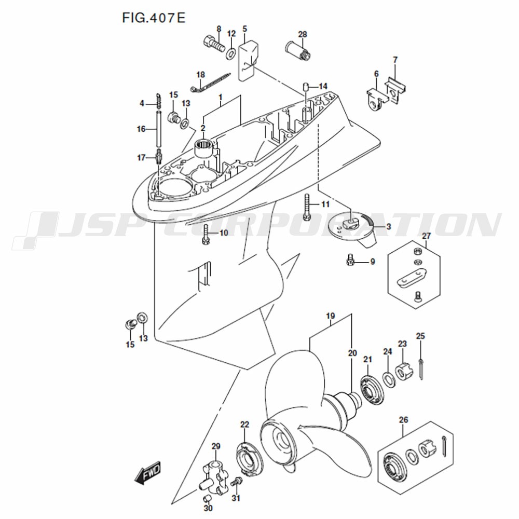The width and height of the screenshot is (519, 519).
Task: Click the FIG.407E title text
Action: [x=154, y=18]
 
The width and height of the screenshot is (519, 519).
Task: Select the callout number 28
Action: [x=302, y=34]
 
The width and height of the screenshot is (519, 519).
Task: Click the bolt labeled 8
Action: [x=213, y=44]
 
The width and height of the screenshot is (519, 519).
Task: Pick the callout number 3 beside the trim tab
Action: [x=389, y=226]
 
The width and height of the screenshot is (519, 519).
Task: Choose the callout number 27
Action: [x=426, y=236]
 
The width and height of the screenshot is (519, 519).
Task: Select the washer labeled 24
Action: [x=389, y=380]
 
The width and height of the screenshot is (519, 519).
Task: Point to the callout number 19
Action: [x=330, y=316]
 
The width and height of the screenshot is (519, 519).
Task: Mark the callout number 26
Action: [x=403, y=420]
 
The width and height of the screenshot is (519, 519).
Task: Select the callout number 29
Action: [x=216, y=446]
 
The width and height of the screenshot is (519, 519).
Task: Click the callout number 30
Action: [x=208, y=508]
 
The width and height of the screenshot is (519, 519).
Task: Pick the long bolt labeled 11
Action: [x=307, y=208]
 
